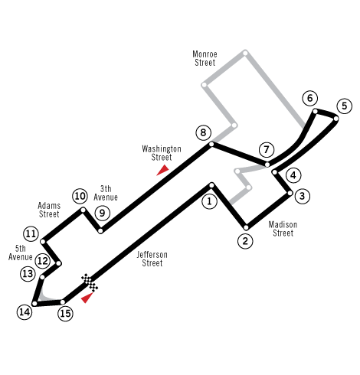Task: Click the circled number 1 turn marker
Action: point(209,201)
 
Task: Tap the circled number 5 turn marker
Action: point(345,106)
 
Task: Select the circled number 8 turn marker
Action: point(203,132)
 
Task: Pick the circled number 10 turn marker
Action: point(80,196)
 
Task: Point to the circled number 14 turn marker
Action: point(25,311)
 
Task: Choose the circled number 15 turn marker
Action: point(65,313)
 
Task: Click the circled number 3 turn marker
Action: point(303,196)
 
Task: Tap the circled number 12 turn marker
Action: point(43,261)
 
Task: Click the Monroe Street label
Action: point(205,58)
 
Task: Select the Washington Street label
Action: point(162,153)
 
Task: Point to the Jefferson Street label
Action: point(152,259)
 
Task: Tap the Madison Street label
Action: point(283,229)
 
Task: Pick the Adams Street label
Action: point(49,210)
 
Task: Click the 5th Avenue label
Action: point(21,253)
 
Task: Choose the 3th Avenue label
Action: point(106,193)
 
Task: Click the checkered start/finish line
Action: point(90,282)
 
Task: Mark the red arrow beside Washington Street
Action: point(162,170)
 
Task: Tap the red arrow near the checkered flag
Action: point(87,298)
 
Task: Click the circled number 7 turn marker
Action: point(267,149)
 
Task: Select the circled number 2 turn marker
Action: point(245,241)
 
